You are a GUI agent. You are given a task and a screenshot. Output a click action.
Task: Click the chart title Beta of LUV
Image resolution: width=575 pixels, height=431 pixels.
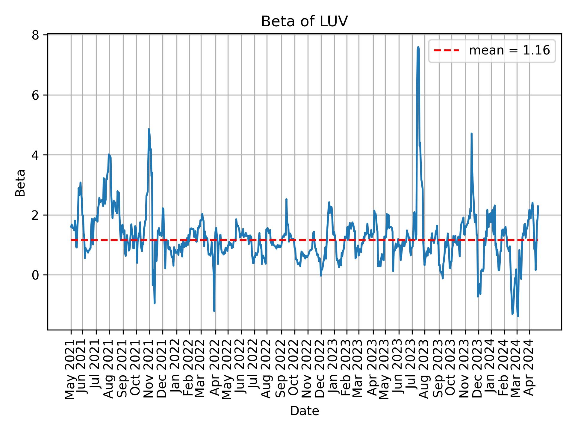coord(304,22)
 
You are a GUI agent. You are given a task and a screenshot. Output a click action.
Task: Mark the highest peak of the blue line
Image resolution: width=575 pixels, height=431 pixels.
coord(418,47)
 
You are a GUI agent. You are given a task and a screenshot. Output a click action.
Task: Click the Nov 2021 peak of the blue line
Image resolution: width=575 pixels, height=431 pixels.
coord(149,129)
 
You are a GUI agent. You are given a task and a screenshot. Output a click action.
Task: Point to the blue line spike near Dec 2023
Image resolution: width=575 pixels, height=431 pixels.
coord(471,134)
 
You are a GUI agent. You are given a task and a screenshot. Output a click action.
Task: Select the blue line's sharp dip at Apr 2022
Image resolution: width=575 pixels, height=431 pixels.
coord(214,311)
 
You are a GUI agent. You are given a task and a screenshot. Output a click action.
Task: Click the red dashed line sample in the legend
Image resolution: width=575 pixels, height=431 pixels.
coord(446,51)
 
